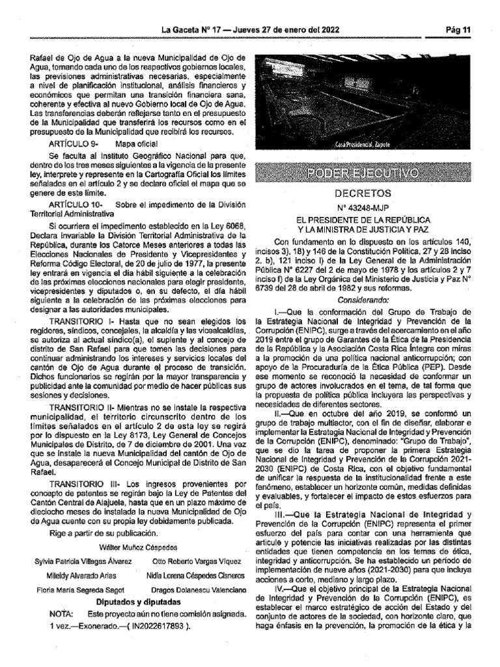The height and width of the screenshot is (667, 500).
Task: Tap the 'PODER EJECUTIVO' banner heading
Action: (x=363, y=173)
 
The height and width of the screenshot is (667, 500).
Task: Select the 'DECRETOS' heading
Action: (x=363, y=193)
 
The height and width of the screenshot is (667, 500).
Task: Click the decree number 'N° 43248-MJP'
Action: (x=363, y=208)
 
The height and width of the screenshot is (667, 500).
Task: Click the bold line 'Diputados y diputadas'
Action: (x=138, y=602)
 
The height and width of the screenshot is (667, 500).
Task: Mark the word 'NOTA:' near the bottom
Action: (x=62, y=615)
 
